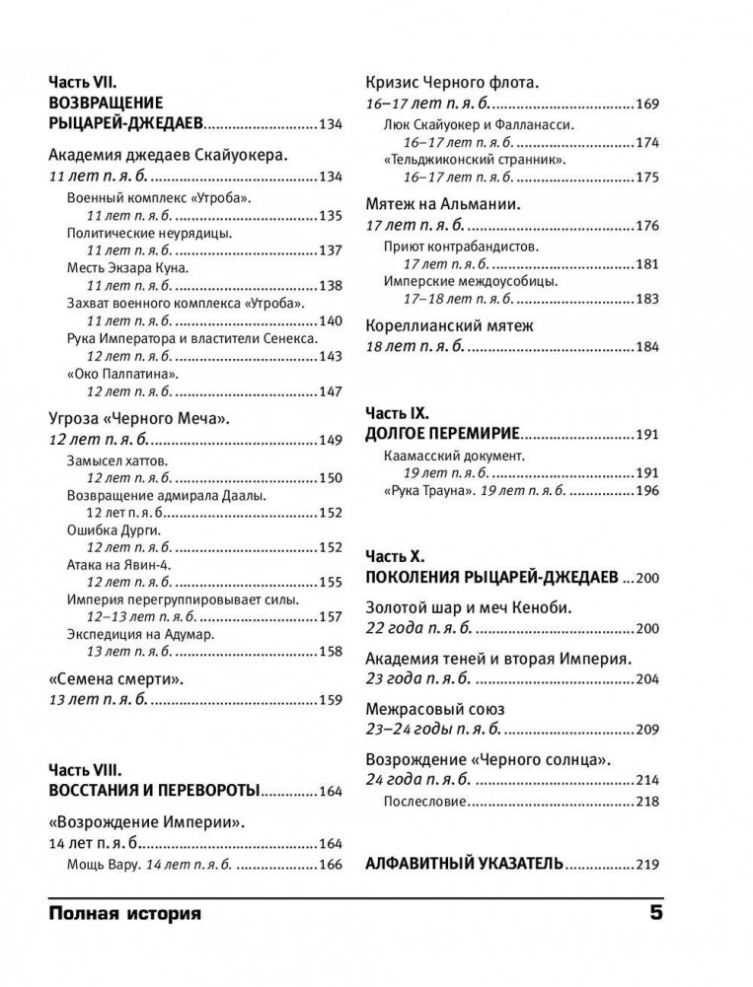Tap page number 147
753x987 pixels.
click(x=330, y=391)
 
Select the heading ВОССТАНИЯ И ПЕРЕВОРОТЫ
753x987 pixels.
click(x=154, y=791)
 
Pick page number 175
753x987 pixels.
click(x=645, y=177)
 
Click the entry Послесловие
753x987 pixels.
click(x=423, y=802)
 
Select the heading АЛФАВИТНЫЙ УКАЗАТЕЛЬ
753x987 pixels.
click(x=464, y=864)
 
